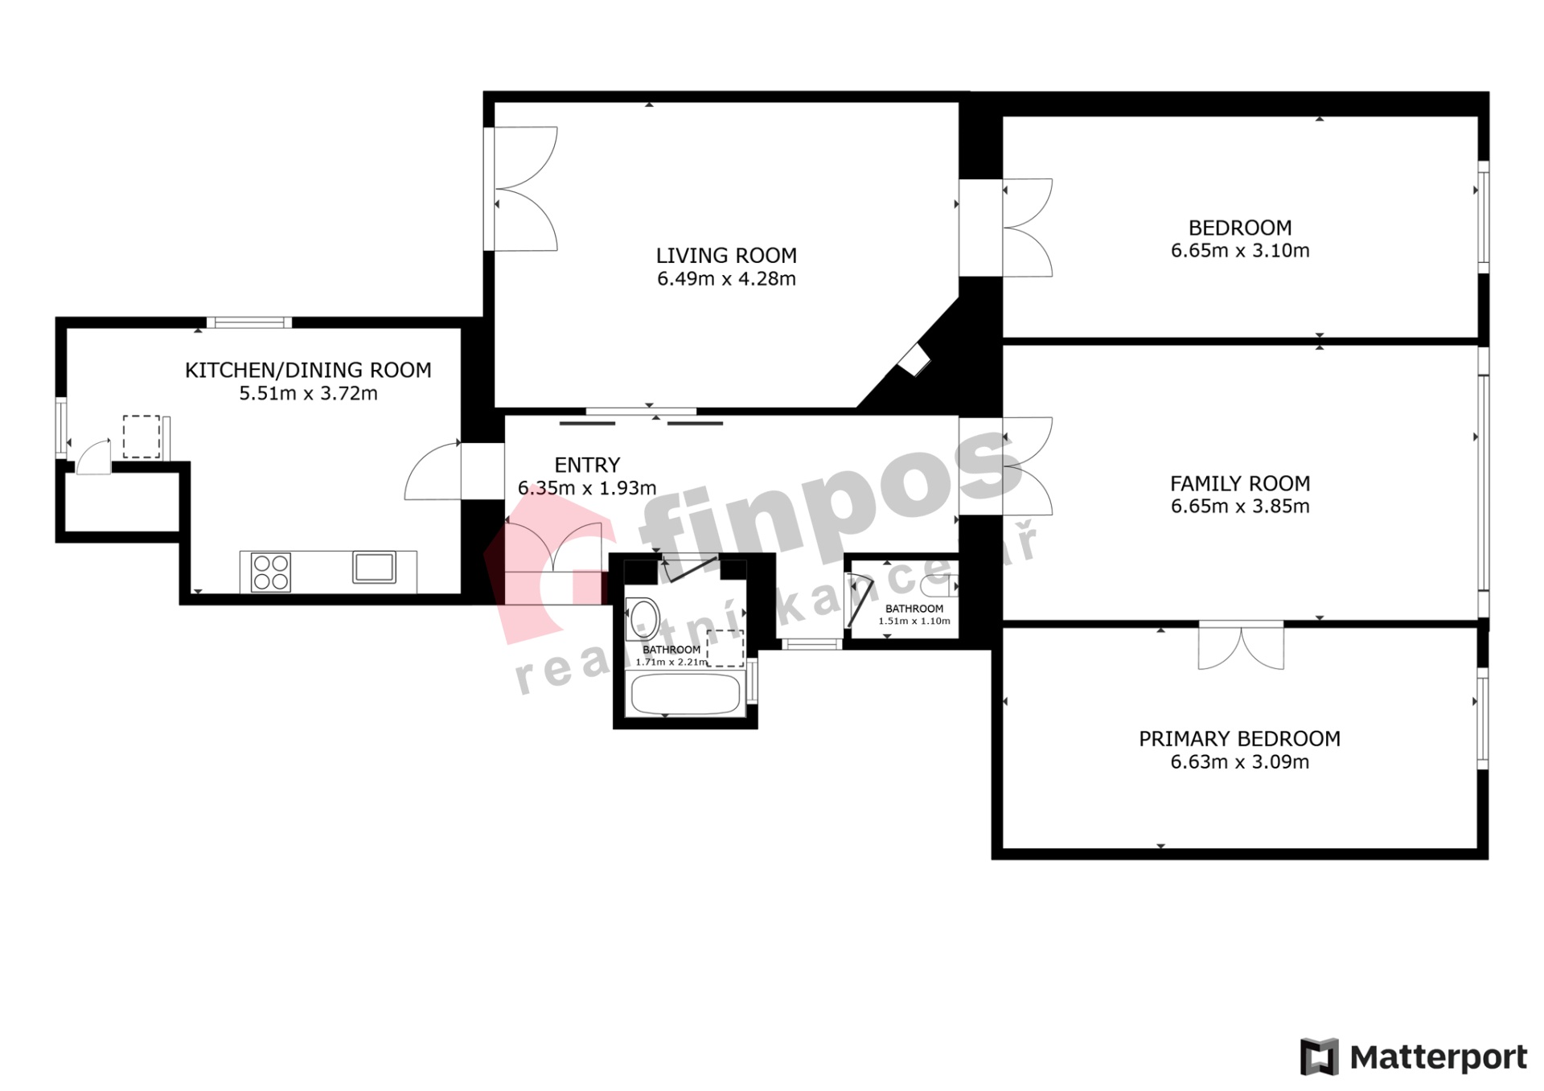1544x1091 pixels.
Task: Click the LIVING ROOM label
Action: coord(726,256)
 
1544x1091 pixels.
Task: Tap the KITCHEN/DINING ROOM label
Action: coord(308,370)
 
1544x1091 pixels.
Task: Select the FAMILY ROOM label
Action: coord(1240,483)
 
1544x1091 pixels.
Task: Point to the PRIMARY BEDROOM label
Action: coord(1239,739)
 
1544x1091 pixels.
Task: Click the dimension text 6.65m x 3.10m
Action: coord(1240,251)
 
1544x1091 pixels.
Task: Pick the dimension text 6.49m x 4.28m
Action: coord(726,279)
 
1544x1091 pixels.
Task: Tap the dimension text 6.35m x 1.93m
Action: coord(587,488)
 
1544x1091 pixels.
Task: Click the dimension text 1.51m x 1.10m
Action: coord(914,621)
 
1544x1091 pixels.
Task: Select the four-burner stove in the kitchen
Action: coord(271,572)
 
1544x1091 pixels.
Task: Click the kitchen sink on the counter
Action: coord(374,567)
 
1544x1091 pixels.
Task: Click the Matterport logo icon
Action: coord(1320,1056)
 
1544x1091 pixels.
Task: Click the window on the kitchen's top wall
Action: coord(249,322)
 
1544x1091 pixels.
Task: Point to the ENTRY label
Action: coord(587,465)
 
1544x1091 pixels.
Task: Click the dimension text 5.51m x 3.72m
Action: coord(308,394)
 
